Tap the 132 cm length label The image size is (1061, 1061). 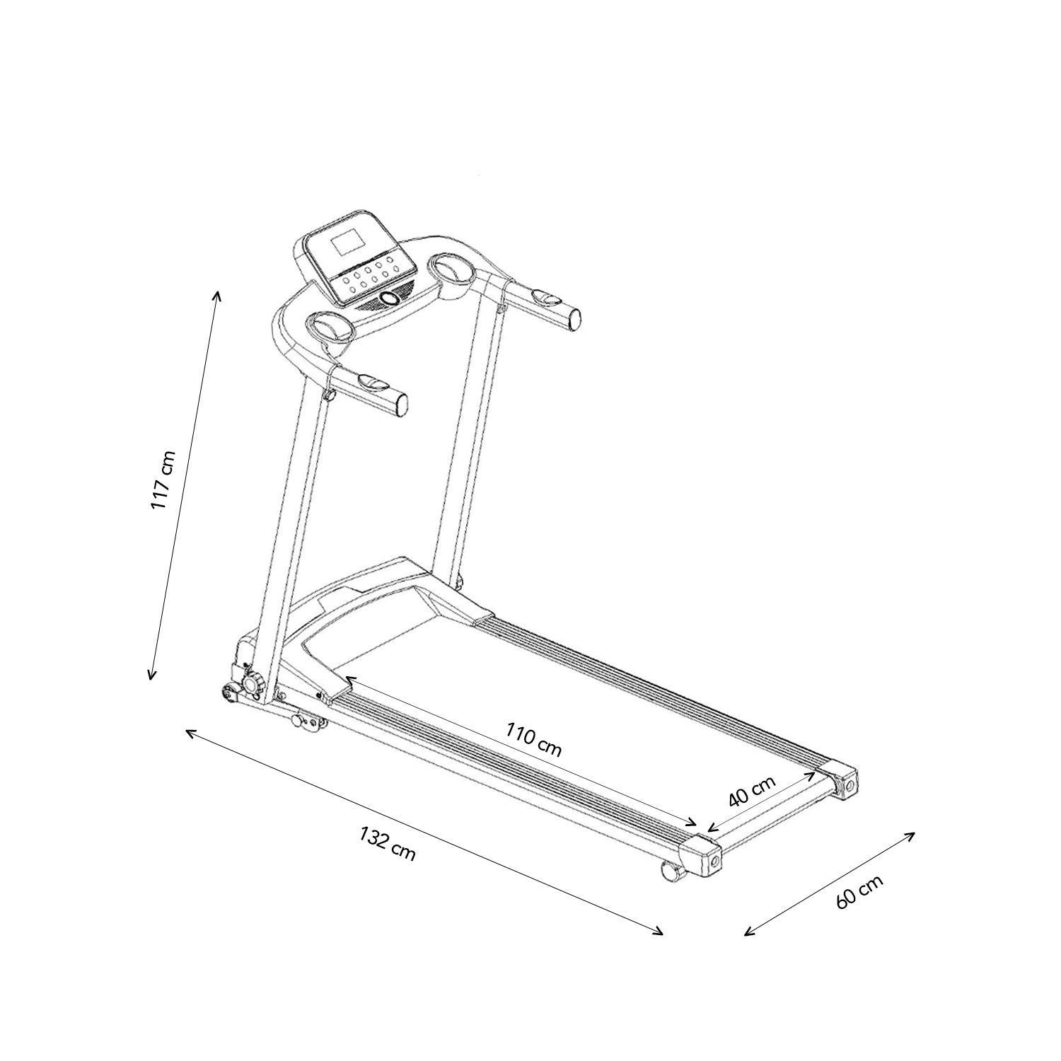pos(388,844)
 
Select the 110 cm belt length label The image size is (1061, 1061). pos(534,739)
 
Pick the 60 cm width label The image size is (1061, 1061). pos(859,892)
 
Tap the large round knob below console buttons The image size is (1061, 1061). pos(389,300)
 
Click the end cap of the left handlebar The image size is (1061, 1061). pos(400,404)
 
